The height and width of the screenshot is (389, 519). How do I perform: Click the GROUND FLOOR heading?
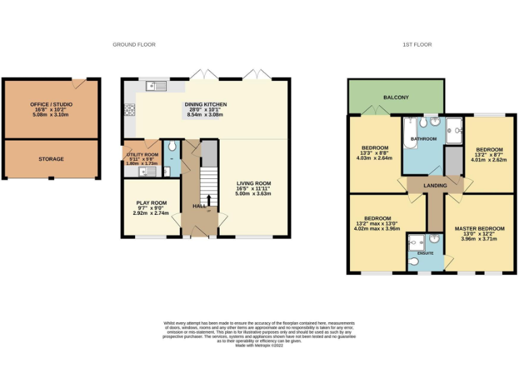pos(134,45)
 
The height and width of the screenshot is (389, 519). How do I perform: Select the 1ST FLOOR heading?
pos(417,45)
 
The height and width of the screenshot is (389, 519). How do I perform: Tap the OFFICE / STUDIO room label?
pos(51,105)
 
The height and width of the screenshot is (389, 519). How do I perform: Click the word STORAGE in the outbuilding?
pos(51,159)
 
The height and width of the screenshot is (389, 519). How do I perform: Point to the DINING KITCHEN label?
pos(206,105)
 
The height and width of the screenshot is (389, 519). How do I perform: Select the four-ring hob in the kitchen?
pos(128,109)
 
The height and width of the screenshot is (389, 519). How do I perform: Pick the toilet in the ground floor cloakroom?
pos(171,146)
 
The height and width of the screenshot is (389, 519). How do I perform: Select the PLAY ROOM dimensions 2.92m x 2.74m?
pos(149,213)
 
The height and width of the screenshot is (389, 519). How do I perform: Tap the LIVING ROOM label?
pos(253,183)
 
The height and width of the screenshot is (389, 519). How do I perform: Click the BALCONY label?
pos(396,98)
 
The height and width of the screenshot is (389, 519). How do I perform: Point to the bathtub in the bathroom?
pos(410,132)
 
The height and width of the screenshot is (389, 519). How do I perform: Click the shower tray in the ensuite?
pos(416,241)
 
